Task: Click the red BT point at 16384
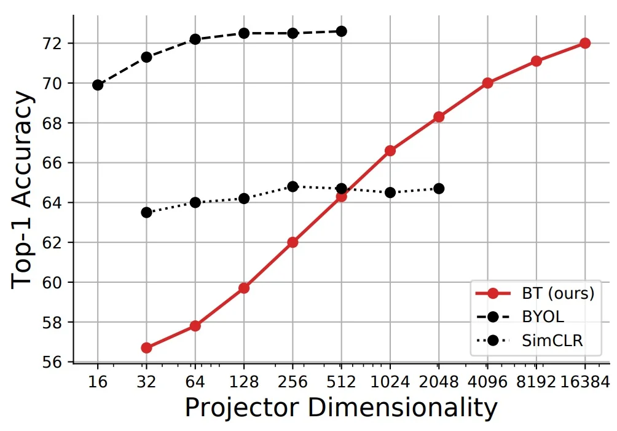pyautogui.click(x=584, y=43)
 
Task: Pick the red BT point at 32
pyautogui.click(x=146, y=348)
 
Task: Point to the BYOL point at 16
pyautogui.click(x=98, y=85)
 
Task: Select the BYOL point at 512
pyautogui.click(x=341, y=31)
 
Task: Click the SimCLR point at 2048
pyautogui.click(x=439, y=189)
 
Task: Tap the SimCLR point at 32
pyautogui.click(x=146, y=213)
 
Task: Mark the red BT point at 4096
pyautogui.click(x=487, y=83)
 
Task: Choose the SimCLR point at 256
pyautogui.click(x=293, y=186)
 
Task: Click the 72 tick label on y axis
pyautogui.click(x=52, y=44)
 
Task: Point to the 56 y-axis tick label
pyautogui.click(x=52, y=362)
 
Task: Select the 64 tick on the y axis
pyautogui.click(x=52, y=203)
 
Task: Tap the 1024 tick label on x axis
pyautogui.click(x=390, y=382)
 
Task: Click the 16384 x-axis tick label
pyautogui.click(x=584, y=382)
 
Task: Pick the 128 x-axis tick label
pyautogui.click(x=244, y=382)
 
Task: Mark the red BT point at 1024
pyautogui.click(x=390, y=151)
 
